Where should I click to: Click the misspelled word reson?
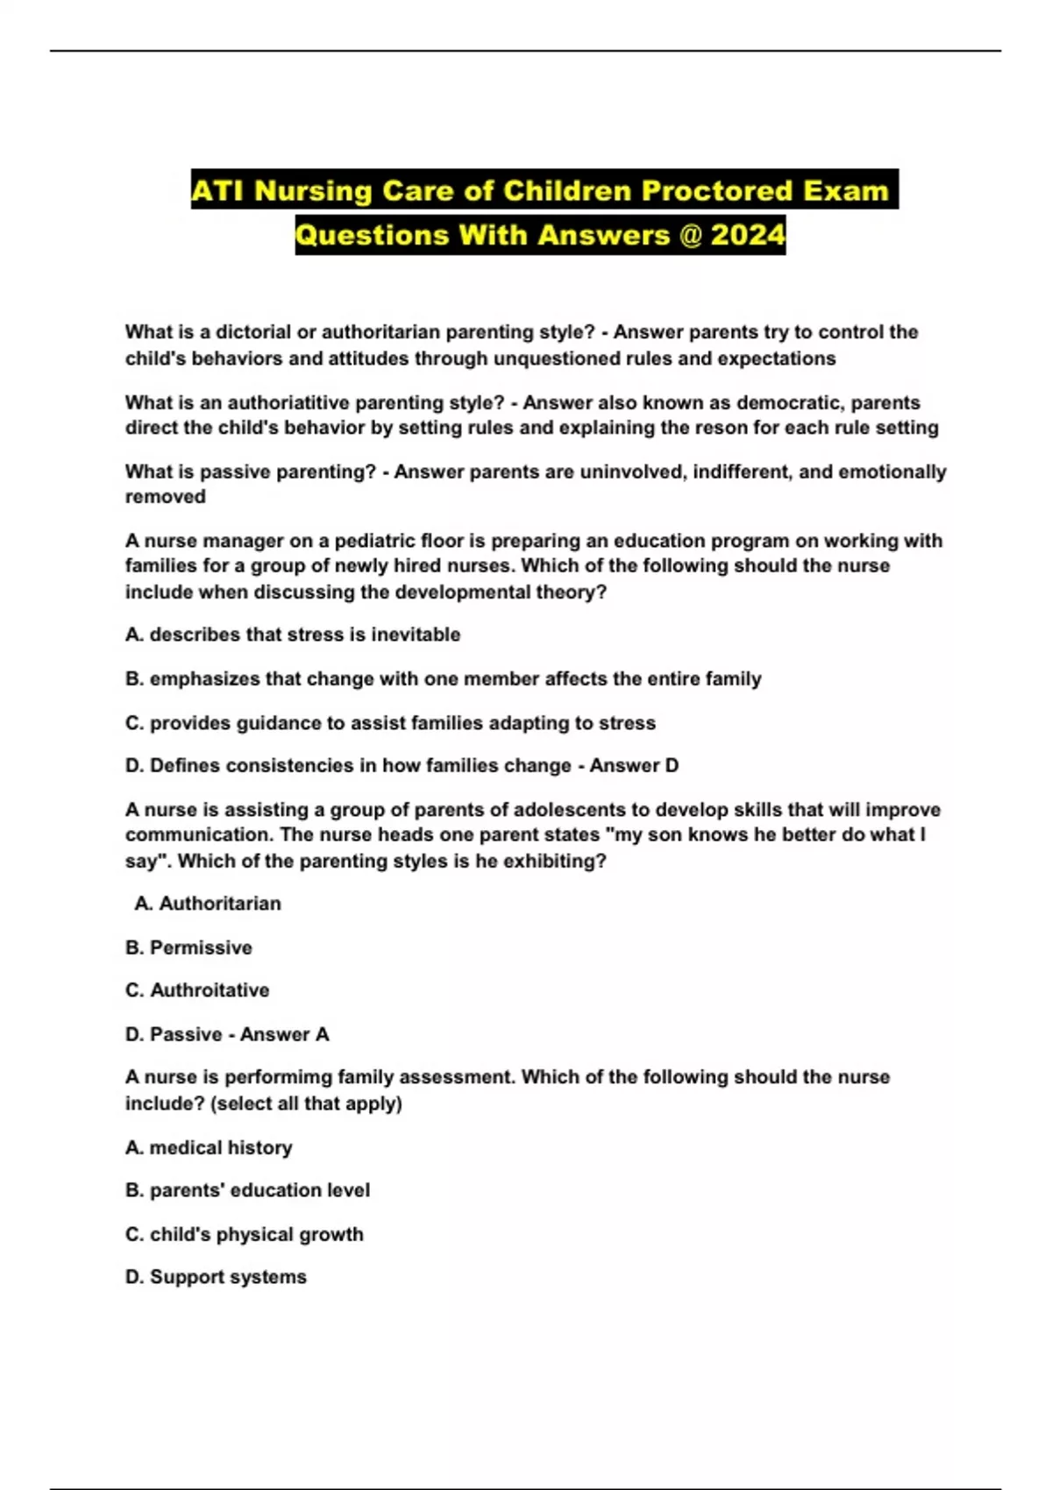(x=771, y=428)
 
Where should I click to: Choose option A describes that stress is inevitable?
(x=293, y=635)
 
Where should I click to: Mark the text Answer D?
(x=634, y=766)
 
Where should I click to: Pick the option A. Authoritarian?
(x=208, y=904)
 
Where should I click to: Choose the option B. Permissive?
(x=188, y=947)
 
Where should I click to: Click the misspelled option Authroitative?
(x=210, y=990)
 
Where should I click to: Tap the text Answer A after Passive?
(x=284, y=1034)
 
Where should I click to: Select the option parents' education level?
(x=259, y=1190)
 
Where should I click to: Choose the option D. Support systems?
(x=216, y=1277)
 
